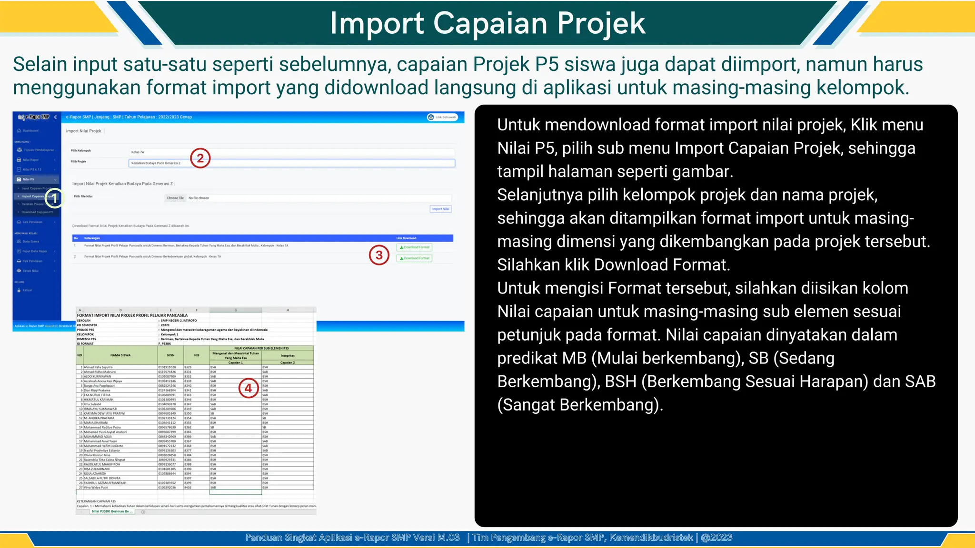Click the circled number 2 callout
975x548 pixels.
pyautogui.click(x=200, y=158)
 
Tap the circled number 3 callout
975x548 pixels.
pyautogui.click(x=379, y=255)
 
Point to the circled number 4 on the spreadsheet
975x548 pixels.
pyautogui.click(x=248, y=388)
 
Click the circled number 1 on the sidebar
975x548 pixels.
pyautogui.click(x=55, y=198)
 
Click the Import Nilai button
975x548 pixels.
pyautogui.click(x=441, y=209)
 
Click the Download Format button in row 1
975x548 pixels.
pyautogui.click(x=414, y=247)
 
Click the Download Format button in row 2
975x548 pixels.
pyautogui.click(x=414, y=258)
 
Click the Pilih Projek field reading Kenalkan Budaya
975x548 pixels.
pyautogui.click(x=291, y=163)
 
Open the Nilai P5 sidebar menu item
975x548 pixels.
pyautogui.click(x=29, y=179)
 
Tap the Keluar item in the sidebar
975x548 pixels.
pyautogui.click(x=27, y=290)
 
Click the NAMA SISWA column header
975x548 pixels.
pyautogui.click(x=120, y=355)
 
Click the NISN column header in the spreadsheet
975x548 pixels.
pyautogui.click(x=170, y=355)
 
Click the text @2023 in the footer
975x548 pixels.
pyautogui.click(x=716, y=538)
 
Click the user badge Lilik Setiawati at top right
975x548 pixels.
pyautogui.click(x=442, y=117)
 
